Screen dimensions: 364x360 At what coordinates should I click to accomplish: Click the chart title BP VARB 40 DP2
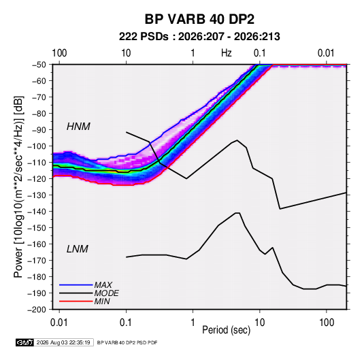(199, 19)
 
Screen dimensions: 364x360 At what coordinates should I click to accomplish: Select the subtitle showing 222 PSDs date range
(199, 37)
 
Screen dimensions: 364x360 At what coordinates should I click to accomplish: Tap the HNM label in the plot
(78, 127)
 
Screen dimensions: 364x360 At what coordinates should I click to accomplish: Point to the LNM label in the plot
(78, 249)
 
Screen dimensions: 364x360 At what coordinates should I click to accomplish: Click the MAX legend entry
(103, 284)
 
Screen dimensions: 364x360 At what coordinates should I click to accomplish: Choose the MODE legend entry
(107, 293)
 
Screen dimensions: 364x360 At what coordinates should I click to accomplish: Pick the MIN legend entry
(102, 301)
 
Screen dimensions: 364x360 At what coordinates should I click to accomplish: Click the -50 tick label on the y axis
(39, 65)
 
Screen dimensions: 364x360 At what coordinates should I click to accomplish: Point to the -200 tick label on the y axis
(37, 310)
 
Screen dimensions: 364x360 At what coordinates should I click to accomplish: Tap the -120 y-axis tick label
(37, 179)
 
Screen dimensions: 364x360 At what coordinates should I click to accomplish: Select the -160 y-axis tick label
(37, 244)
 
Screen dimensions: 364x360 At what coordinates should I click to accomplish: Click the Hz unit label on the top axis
(227, 53)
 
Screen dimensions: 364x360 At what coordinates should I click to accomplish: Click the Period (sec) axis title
(227, 330)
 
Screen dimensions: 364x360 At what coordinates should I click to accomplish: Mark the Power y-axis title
(18, 187)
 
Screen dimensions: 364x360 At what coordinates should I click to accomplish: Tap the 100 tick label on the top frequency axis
(59, 53)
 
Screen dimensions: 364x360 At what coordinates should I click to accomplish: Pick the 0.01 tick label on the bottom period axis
(59, 323)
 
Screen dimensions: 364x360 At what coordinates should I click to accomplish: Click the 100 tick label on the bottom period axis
(327, 323)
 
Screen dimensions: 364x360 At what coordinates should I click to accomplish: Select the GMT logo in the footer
(24, 342)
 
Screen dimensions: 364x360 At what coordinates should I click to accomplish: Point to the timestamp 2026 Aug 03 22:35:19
(63, 342)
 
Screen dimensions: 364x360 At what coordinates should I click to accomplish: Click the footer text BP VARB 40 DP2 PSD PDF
(127, 342)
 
